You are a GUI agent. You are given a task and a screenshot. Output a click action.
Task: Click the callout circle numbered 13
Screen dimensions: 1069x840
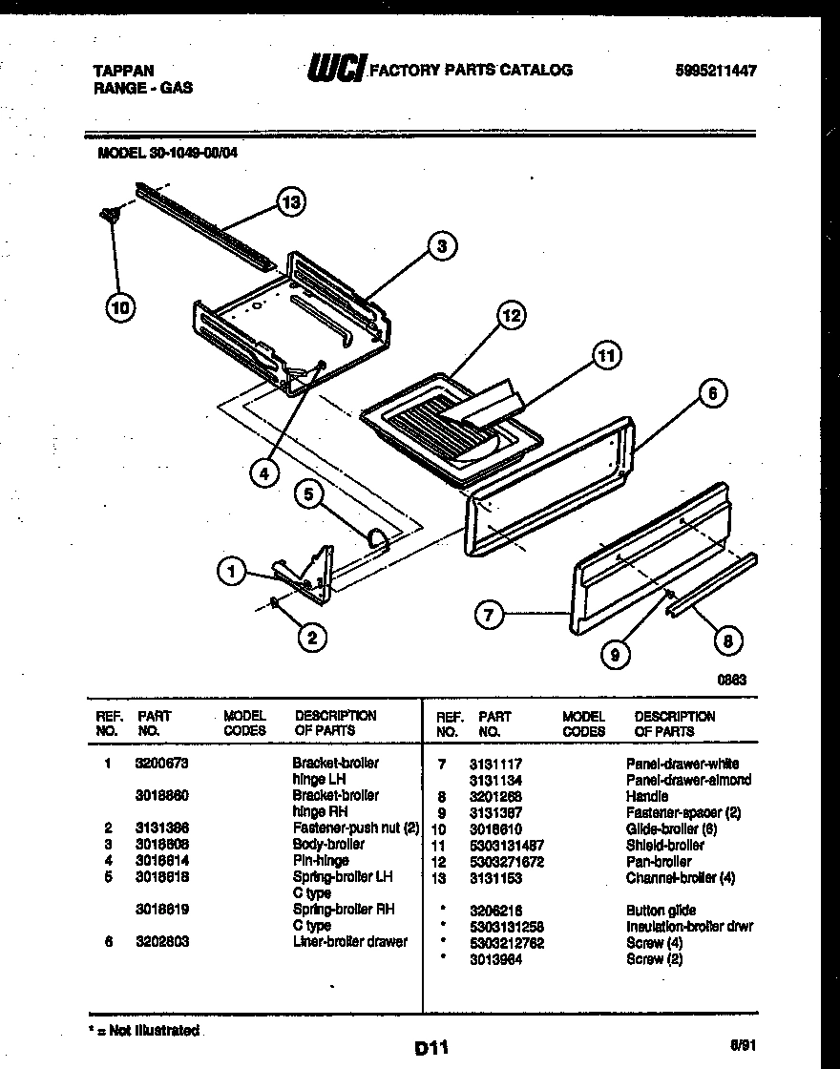tap(290, 201)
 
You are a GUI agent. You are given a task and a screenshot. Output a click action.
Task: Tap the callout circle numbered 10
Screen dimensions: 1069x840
tap(121, 306)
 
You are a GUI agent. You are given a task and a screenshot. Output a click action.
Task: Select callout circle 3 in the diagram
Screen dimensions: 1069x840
tap(441, 246)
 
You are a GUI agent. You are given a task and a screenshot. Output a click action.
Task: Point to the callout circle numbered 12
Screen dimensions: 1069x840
tap(513, 316)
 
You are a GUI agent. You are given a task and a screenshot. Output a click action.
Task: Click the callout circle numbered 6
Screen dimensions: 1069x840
tap(712, 393)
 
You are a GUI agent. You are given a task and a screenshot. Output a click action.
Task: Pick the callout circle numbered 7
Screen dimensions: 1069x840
tap(489, 616)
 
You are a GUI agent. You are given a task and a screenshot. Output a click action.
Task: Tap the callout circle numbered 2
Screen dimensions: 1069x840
tap(310, 638)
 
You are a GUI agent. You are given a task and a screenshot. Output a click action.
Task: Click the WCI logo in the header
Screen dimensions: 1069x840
tap(337, 69)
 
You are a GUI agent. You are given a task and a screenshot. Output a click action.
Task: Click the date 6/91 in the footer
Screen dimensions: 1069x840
tap(742, 1045)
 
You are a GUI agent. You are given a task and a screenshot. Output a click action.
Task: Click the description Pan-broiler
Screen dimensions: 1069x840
tap(659, 862)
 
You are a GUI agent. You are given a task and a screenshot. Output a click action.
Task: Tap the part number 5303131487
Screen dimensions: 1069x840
tap(506, 846)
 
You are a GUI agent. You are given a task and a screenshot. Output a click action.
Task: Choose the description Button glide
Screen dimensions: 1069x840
tap(661, 911)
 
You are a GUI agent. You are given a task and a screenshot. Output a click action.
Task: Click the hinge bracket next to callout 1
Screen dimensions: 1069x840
tap(310, 577)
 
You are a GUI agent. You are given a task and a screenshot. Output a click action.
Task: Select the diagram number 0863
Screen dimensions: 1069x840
tap(730, 681)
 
